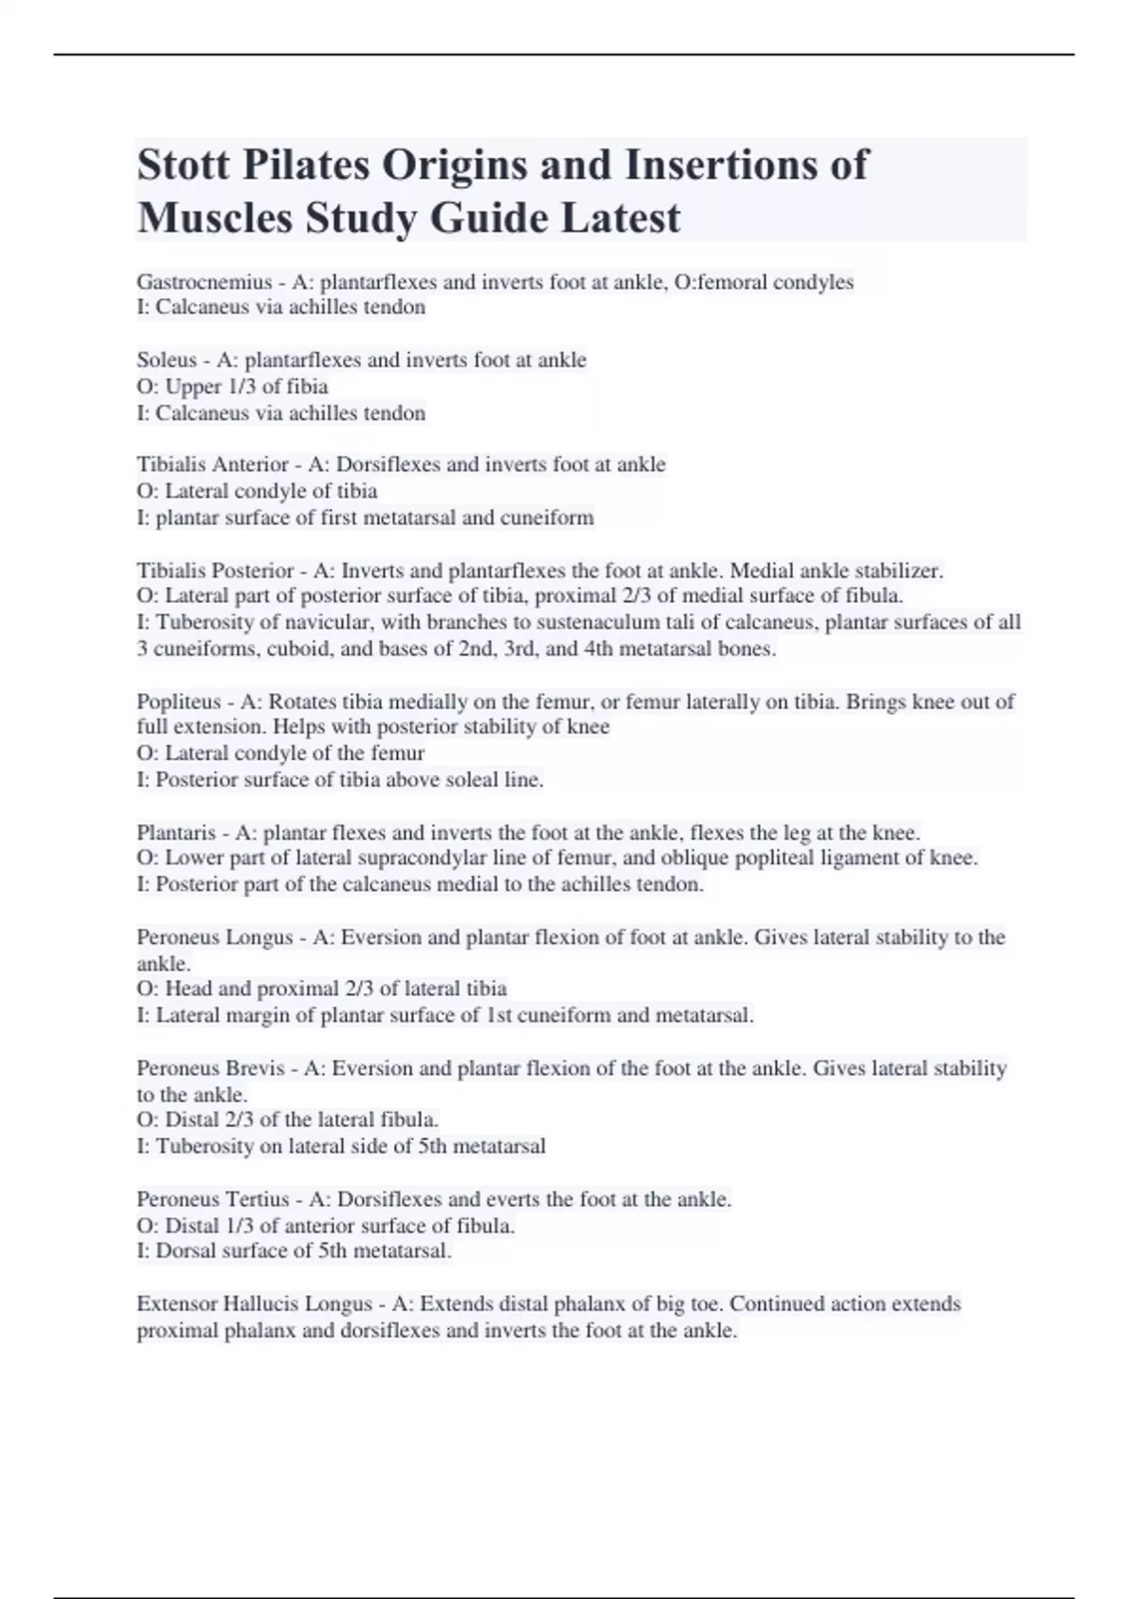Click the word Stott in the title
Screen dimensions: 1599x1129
(183, 166)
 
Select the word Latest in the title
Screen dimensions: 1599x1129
(621, 218)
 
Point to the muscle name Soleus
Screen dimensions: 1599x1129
(167, 360)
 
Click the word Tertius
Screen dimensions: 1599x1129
(258, 1199)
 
